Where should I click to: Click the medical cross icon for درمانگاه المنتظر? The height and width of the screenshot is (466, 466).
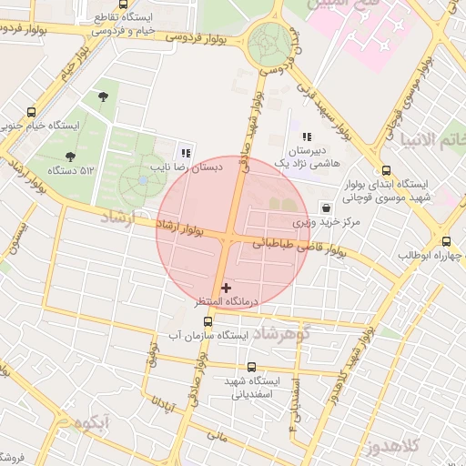(227, 288)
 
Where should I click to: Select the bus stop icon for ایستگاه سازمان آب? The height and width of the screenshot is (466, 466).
(208, 321)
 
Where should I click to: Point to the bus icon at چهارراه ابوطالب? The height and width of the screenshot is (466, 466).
(446, 241)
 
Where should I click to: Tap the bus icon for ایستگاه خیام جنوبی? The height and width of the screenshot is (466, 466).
(33, 111)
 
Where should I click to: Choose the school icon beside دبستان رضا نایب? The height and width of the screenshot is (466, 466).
(186, 153)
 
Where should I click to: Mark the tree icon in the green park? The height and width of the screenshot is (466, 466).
(101, 95)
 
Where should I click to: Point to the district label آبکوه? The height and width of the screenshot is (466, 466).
(94, 421)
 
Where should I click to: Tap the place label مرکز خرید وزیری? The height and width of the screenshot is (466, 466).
(327, 222)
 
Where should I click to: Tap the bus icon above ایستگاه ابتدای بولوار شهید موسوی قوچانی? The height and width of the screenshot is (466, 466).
(387, 169)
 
